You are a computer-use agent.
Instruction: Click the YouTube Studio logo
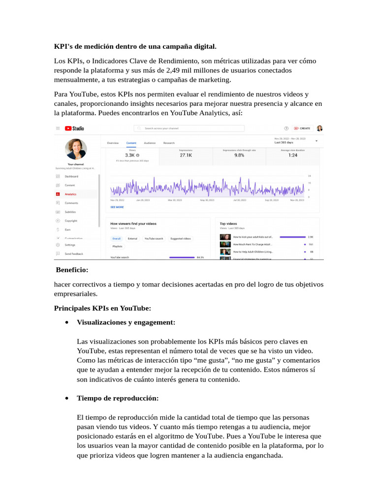point(74,128)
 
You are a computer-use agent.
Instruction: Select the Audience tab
point(149,143)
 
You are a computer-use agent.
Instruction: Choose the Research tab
point(169,143)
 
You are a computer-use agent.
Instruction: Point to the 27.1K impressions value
point(186,155)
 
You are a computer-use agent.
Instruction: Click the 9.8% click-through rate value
point(239,155)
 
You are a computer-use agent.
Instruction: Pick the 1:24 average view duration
point(293,155)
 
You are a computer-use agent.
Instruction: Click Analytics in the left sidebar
point(70,194)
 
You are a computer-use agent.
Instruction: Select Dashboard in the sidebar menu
point(71,176)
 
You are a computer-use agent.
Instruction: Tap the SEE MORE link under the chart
point(117,207)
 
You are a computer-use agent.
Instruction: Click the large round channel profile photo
point(76,149)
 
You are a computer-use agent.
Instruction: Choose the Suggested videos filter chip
point(180,239)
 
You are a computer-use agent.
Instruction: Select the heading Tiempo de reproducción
point(118,398)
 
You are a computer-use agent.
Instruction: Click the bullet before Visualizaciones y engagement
point(66,322)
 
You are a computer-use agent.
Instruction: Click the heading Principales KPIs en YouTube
point(102,308)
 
